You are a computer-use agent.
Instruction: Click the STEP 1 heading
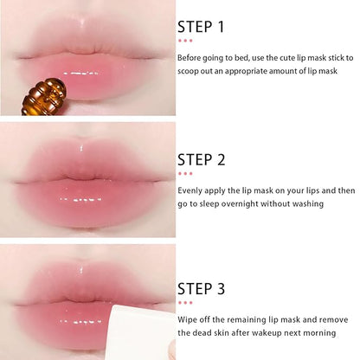[201, 27]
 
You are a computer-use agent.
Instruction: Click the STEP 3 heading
[202, 289]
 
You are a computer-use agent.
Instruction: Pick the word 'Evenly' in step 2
[191, 190]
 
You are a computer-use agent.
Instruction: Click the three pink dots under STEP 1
[185, 41]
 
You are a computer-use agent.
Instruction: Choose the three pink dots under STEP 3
[185, 303]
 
